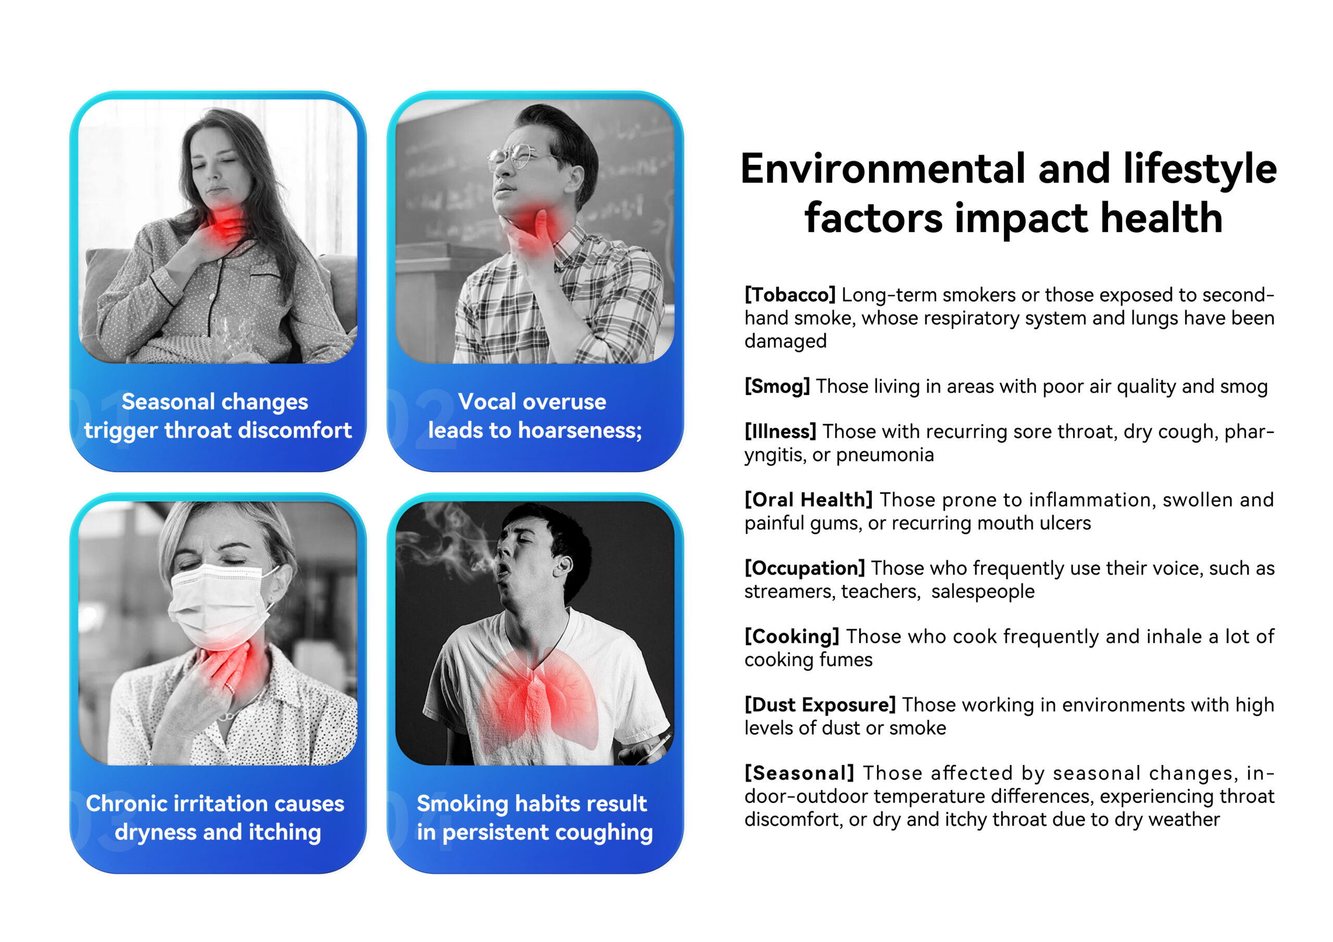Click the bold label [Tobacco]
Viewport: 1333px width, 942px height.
click(x=789, y=295)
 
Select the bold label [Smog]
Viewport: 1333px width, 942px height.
click(x=777, y=387)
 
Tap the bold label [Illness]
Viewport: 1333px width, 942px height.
click(x=781, y=432)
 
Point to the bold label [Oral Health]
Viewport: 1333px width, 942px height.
click(x=809, y=500)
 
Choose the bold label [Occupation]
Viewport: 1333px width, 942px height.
click(x=804, y=568)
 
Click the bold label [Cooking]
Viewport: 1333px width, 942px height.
click(x=792, y=637)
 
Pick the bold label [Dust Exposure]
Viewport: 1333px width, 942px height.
click(x=820, y=705)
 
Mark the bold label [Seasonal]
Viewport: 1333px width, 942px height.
click(x=799, y=773)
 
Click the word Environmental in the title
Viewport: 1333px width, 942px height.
click(x=883, y=169)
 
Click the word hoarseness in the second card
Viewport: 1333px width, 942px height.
click(x=580, y=430)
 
